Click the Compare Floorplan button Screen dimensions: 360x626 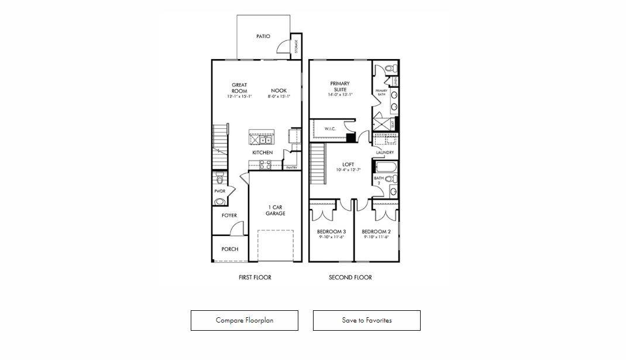click(x=244, y=320)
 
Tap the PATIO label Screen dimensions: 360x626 click(x=263, y=36)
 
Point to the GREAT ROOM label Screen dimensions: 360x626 click(x=239, y=88)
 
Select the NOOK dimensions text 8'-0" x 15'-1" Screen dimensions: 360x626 click(x=279, y=97)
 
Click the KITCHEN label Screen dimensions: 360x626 click(x=262, y=153)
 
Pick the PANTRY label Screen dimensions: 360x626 click(x=291, y=168)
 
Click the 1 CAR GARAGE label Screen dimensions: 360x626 click(x=276, y=211)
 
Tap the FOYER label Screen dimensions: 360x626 click(x=229, y=215)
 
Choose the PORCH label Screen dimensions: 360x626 click(x=230, y=249)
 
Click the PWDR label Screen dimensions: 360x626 click(x=220, y=191)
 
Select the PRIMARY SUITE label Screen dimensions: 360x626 click(x=339, y=86)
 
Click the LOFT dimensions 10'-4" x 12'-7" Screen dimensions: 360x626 click(x=348, y=170)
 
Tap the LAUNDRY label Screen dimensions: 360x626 click(x=385, y=153)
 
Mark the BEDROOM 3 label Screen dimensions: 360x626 click(x=331, y=231)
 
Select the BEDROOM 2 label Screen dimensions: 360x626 click(x=376, y=231)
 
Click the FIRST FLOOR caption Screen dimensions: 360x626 click(x=254, y=277)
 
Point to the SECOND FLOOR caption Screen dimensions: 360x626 click(x=350, y=277)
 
